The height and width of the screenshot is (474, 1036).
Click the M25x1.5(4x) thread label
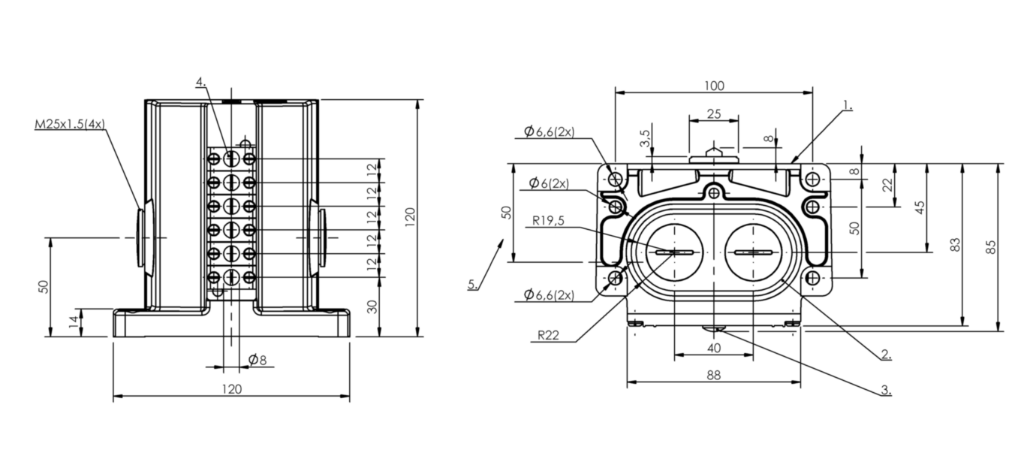(70, 124)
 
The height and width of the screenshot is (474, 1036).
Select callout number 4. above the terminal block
(200, 82)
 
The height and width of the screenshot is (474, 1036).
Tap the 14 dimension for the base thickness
(73, 322)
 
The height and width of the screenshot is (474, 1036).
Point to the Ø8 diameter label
(257, 360)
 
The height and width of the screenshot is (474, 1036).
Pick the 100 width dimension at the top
(714, 86)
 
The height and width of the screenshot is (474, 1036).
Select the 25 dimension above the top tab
(714, 114)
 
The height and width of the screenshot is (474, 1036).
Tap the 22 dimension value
(889, 185)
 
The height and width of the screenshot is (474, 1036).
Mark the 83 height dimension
(955, 245)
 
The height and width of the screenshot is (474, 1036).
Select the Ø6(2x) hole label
(549, 183)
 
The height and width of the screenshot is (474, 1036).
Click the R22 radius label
(549, 336)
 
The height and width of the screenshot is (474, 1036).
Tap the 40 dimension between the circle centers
(714, 348)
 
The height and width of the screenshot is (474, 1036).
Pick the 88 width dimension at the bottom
(714, 376)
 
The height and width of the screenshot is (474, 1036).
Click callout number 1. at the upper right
(847, 106)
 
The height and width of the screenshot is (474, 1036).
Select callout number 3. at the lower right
(886, 390)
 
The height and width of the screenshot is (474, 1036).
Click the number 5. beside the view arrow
(472, 284)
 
